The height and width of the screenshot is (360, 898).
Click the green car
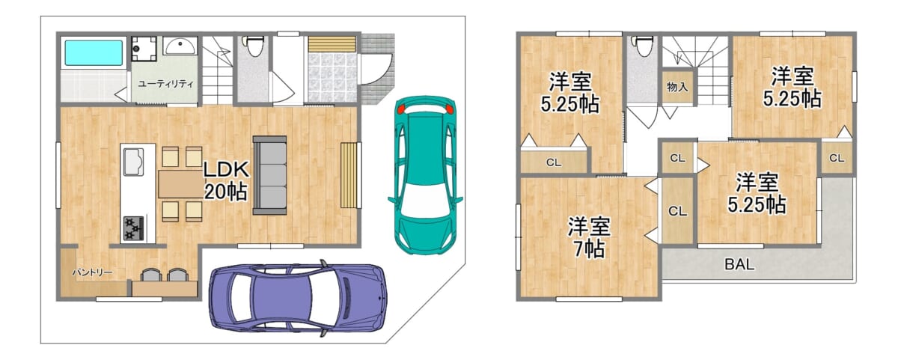click(424, 174)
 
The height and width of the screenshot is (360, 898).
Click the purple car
click(298, 296)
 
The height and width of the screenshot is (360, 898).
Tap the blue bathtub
click(93, 53)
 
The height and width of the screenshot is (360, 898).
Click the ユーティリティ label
click(165, 84)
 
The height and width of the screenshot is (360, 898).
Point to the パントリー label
click(92, 272)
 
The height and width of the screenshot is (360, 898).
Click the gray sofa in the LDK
click(269, 174)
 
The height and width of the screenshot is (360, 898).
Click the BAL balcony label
click(739, 264)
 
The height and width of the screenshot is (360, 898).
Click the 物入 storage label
click(676, 87)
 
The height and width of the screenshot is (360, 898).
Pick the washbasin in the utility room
click(180, 48)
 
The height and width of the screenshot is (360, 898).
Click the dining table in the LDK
click(180, 184)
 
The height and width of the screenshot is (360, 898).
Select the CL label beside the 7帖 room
click(677, 211)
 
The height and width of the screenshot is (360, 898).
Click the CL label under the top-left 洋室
click(554, 162)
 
